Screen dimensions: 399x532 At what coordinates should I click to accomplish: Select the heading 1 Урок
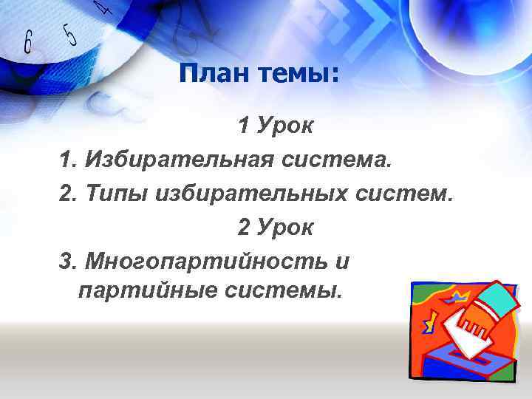[x=276, y=126]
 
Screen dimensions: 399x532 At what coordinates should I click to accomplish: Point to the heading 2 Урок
[x=276, y=228]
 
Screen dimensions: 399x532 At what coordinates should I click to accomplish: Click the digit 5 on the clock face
[x=69, y=34]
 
